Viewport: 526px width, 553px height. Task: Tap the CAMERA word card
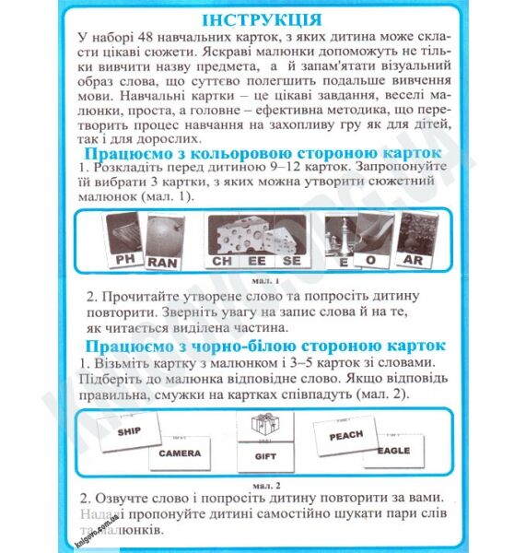[x=179, y=453]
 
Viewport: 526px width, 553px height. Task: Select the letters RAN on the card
[x=161, y=261]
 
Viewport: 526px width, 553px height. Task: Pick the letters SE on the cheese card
[x=291, y=261]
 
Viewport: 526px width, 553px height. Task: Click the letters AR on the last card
[x=412, y=261]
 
